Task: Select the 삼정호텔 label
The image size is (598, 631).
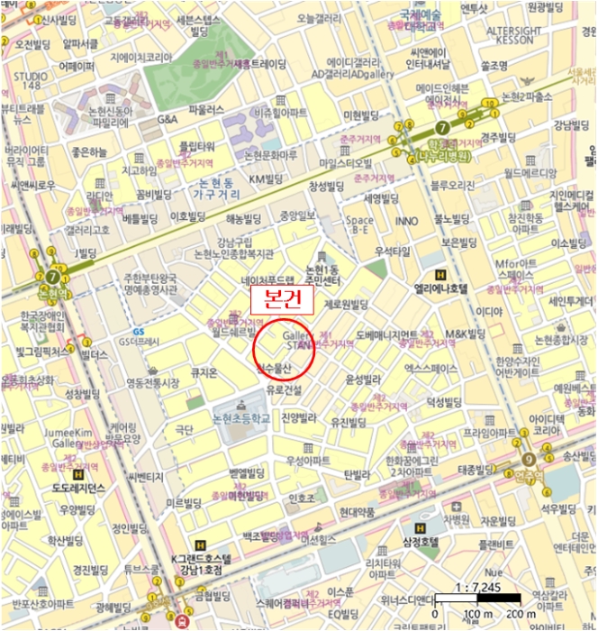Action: (420, 541)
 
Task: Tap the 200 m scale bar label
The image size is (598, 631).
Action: (520, 614)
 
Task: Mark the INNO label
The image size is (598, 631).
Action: (406, 220)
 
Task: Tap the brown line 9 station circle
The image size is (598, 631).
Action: (529, 459)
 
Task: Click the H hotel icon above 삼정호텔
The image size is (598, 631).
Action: (419, 526)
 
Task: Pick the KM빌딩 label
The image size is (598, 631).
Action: (267, 179)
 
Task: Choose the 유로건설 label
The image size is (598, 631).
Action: (284, 389)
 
